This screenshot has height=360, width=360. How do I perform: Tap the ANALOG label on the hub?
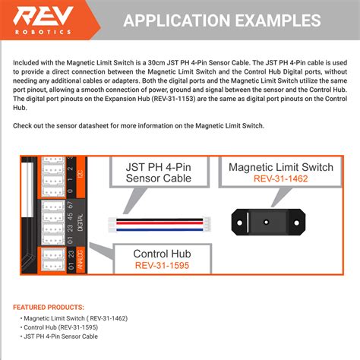tap(81, 261)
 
